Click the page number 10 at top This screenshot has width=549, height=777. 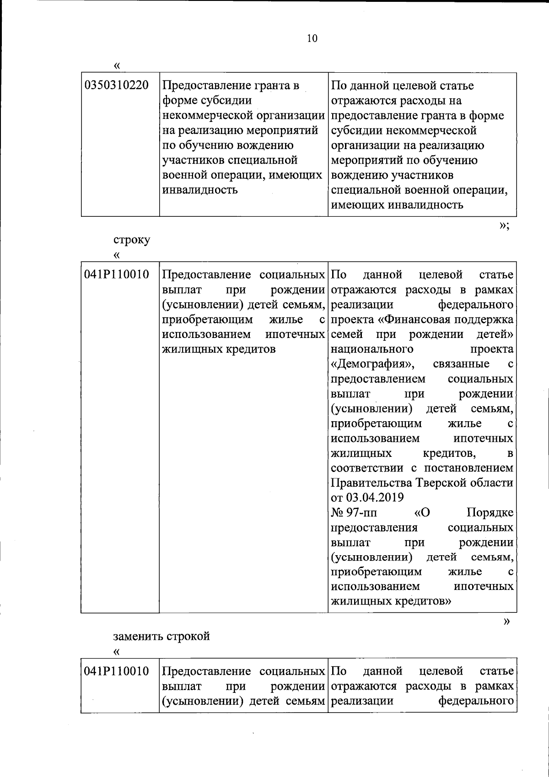(312, 38)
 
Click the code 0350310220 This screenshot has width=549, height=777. (117, 85)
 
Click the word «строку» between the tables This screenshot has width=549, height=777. (131, 240)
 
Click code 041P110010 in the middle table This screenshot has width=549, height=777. (117, 274)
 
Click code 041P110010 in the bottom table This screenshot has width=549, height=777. (117, 671)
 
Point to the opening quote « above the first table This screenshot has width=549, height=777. (117, 65)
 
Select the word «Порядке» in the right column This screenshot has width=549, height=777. (490, 513)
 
